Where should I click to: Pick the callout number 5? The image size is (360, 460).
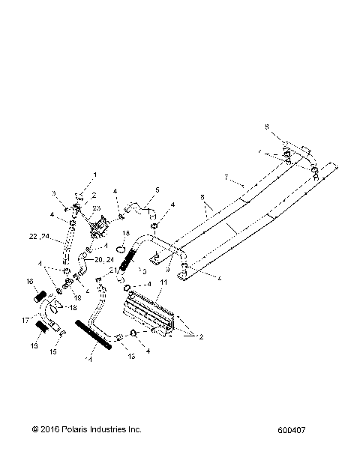coord(157,190)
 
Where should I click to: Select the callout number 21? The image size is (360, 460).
coord(113,270)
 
